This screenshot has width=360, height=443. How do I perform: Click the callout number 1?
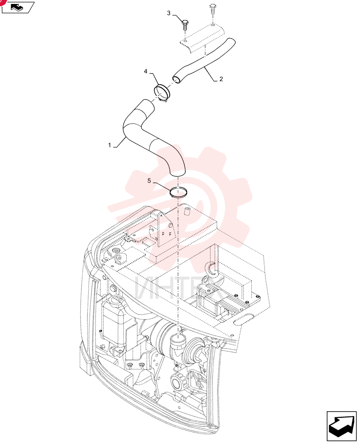tap(110, 145)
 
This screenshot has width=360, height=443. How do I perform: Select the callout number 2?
tap(221, 79)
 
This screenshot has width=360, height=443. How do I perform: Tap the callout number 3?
tap(169, 13)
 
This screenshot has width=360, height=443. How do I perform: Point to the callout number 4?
tap(145, 71)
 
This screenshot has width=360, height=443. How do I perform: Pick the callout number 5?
tap(149, 181)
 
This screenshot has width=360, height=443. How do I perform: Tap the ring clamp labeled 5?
tap(178, 192)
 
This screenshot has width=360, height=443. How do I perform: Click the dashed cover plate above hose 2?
tap(203, 38)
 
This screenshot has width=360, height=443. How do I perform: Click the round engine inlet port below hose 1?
tap(178, 338)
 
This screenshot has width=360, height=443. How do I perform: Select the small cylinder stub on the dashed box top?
tap(186, 211)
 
